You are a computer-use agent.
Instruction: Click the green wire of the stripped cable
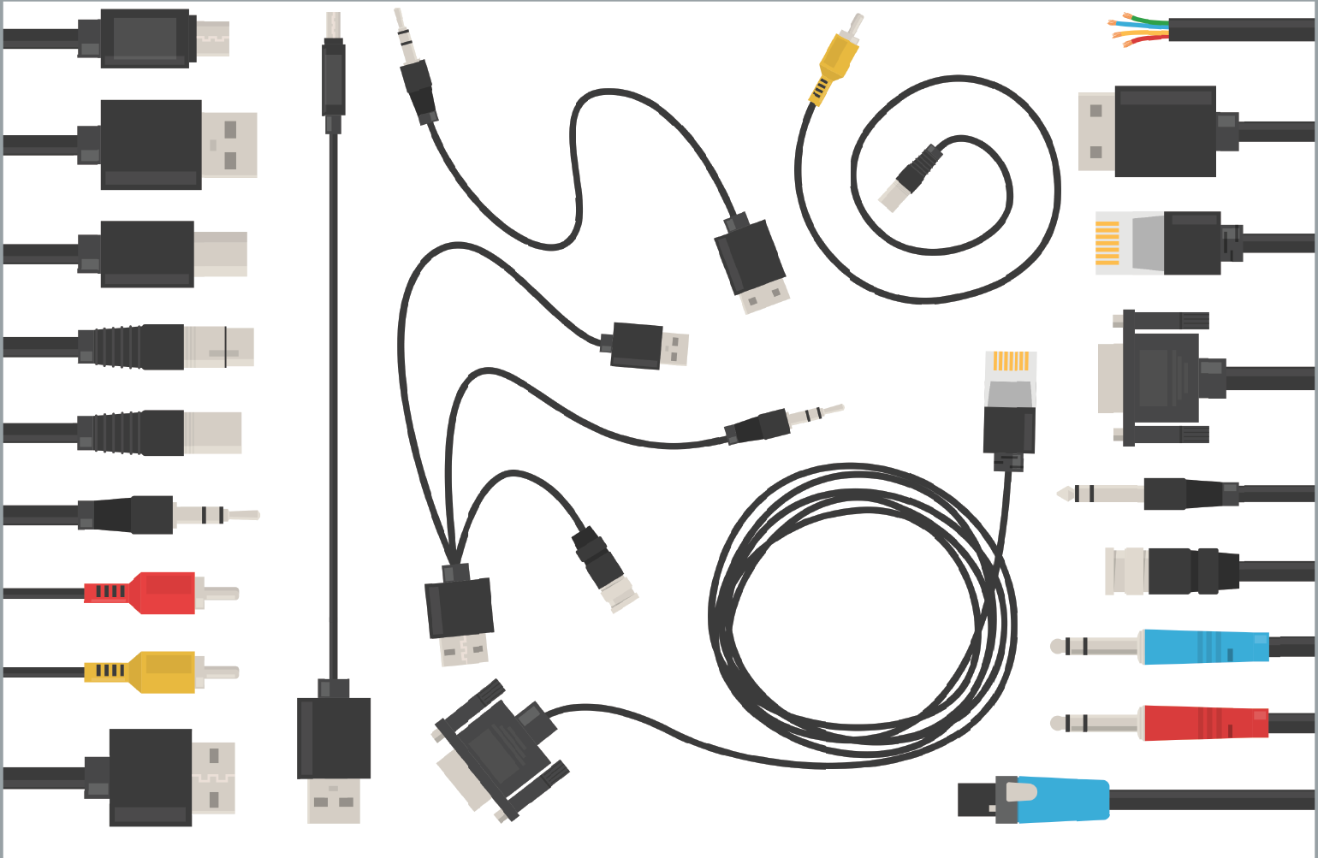tap(1147, 20)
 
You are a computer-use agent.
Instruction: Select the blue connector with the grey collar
tap(1061, 800)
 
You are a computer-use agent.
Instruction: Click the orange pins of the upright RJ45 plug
tap(1011, 361)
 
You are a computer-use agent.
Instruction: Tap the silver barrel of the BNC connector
tap(1126, 571)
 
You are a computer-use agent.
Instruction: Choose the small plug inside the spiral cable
tap(909, 179)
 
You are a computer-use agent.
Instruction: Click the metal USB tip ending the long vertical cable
tap(334, 800)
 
